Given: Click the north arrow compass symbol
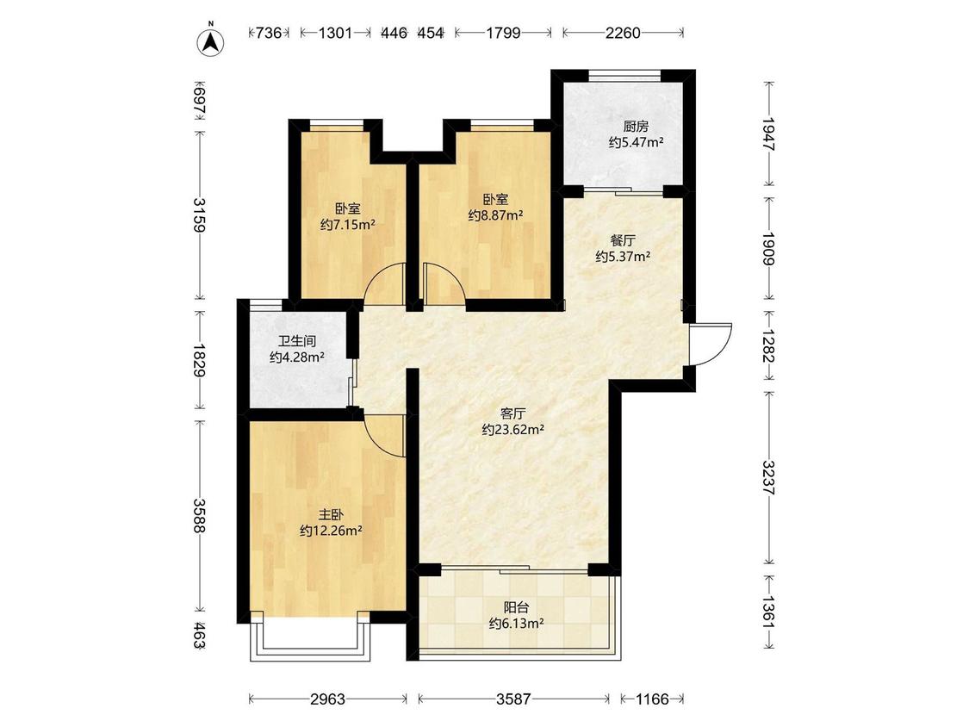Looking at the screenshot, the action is click(x=211, y=41).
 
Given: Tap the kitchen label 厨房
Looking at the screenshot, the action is click(x=636, y=127).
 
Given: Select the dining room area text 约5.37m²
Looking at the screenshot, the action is click(x=622, y=257).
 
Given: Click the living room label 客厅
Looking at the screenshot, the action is click(x=512, y=413).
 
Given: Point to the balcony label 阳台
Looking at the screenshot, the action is click(x=516, y=607).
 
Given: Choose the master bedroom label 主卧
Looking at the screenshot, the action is click(x=331, y=514).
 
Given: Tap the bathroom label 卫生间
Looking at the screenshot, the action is click(x=296, y=341).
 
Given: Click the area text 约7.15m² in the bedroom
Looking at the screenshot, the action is click(x=348, y=225).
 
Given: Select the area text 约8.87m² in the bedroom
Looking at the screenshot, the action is click(x=495, y=215).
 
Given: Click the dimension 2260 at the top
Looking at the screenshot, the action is click(x=623, y=34).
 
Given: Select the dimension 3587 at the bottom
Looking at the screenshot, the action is click(x=513, y=699).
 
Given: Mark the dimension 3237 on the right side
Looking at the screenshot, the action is click(x=768, y=477).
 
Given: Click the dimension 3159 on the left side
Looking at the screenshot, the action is click(x=199, y=214).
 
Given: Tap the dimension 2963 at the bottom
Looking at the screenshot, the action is click(x=327, y=699).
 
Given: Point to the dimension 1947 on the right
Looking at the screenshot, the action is click(x=768, y=134).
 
